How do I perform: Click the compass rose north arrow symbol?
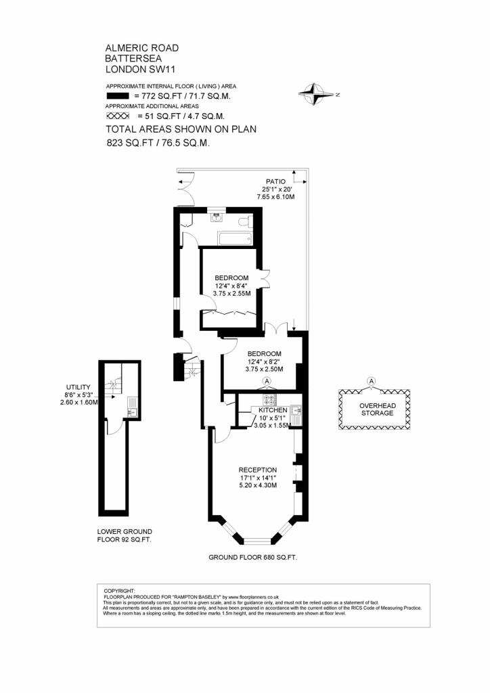tap(316, 94)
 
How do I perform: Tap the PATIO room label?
tap(275, 181)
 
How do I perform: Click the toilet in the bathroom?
tap(245, 221)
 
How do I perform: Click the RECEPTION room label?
tap(258, 470)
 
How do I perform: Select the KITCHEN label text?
tap(273, 410)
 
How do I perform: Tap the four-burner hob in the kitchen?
tap(270, 399)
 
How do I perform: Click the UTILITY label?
tap(79, 387)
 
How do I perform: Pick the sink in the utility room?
tap(132, 412)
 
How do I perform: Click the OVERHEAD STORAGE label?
tap(378, 409)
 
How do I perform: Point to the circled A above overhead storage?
tap(372, 381)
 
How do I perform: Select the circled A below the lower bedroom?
tap(267, 381)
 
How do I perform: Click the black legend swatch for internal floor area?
tap(118, 96)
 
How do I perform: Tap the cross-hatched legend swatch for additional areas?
tap(118, 116)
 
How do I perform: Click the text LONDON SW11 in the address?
tap(141, 69)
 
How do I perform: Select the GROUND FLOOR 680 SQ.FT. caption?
tap(252, 558)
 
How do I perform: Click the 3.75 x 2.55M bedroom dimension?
tap(231, 293)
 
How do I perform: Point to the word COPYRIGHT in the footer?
tap(119, 591)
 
